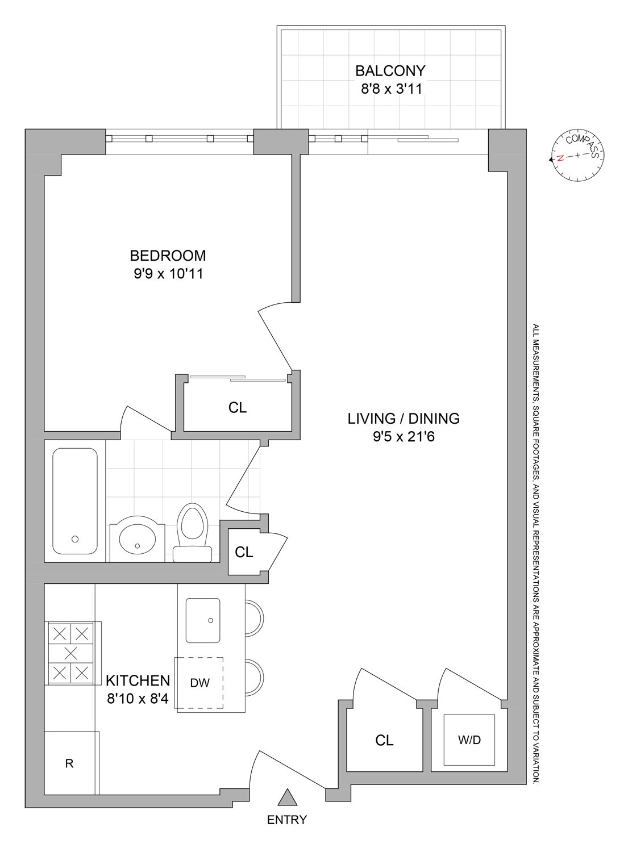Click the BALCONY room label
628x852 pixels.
(390, 71)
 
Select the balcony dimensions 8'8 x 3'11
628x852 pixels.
(391, 89)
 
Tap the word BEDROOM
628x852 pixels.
(168, 256)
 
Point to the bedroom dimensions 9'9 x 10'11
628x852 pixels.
(168, 274)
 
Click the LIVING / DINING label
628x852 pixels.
(404, 419)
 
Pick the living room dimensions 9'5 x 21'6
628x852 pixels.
(404, 437)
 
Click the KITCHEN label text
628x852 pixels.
(138, 680)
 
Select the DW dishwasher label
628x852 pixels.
(199, 683)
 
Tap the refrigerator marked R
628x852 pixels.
(69, 763)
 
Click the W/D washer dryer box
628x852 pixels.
(469, 740)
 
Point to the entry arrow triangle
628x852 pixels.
(288, 798)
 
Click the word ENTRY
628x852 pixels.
(287, 820)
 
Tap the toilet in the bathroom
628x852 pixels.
(192, 531)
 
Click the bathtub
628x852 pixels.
(75, 501)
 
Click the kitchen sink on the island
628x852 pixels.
(203, 620)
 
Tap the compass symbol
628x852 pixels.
(577, 155)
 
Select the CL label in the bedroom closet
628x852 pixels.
(238, 408)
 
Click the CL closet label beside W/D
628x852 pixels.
(384, 740)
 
